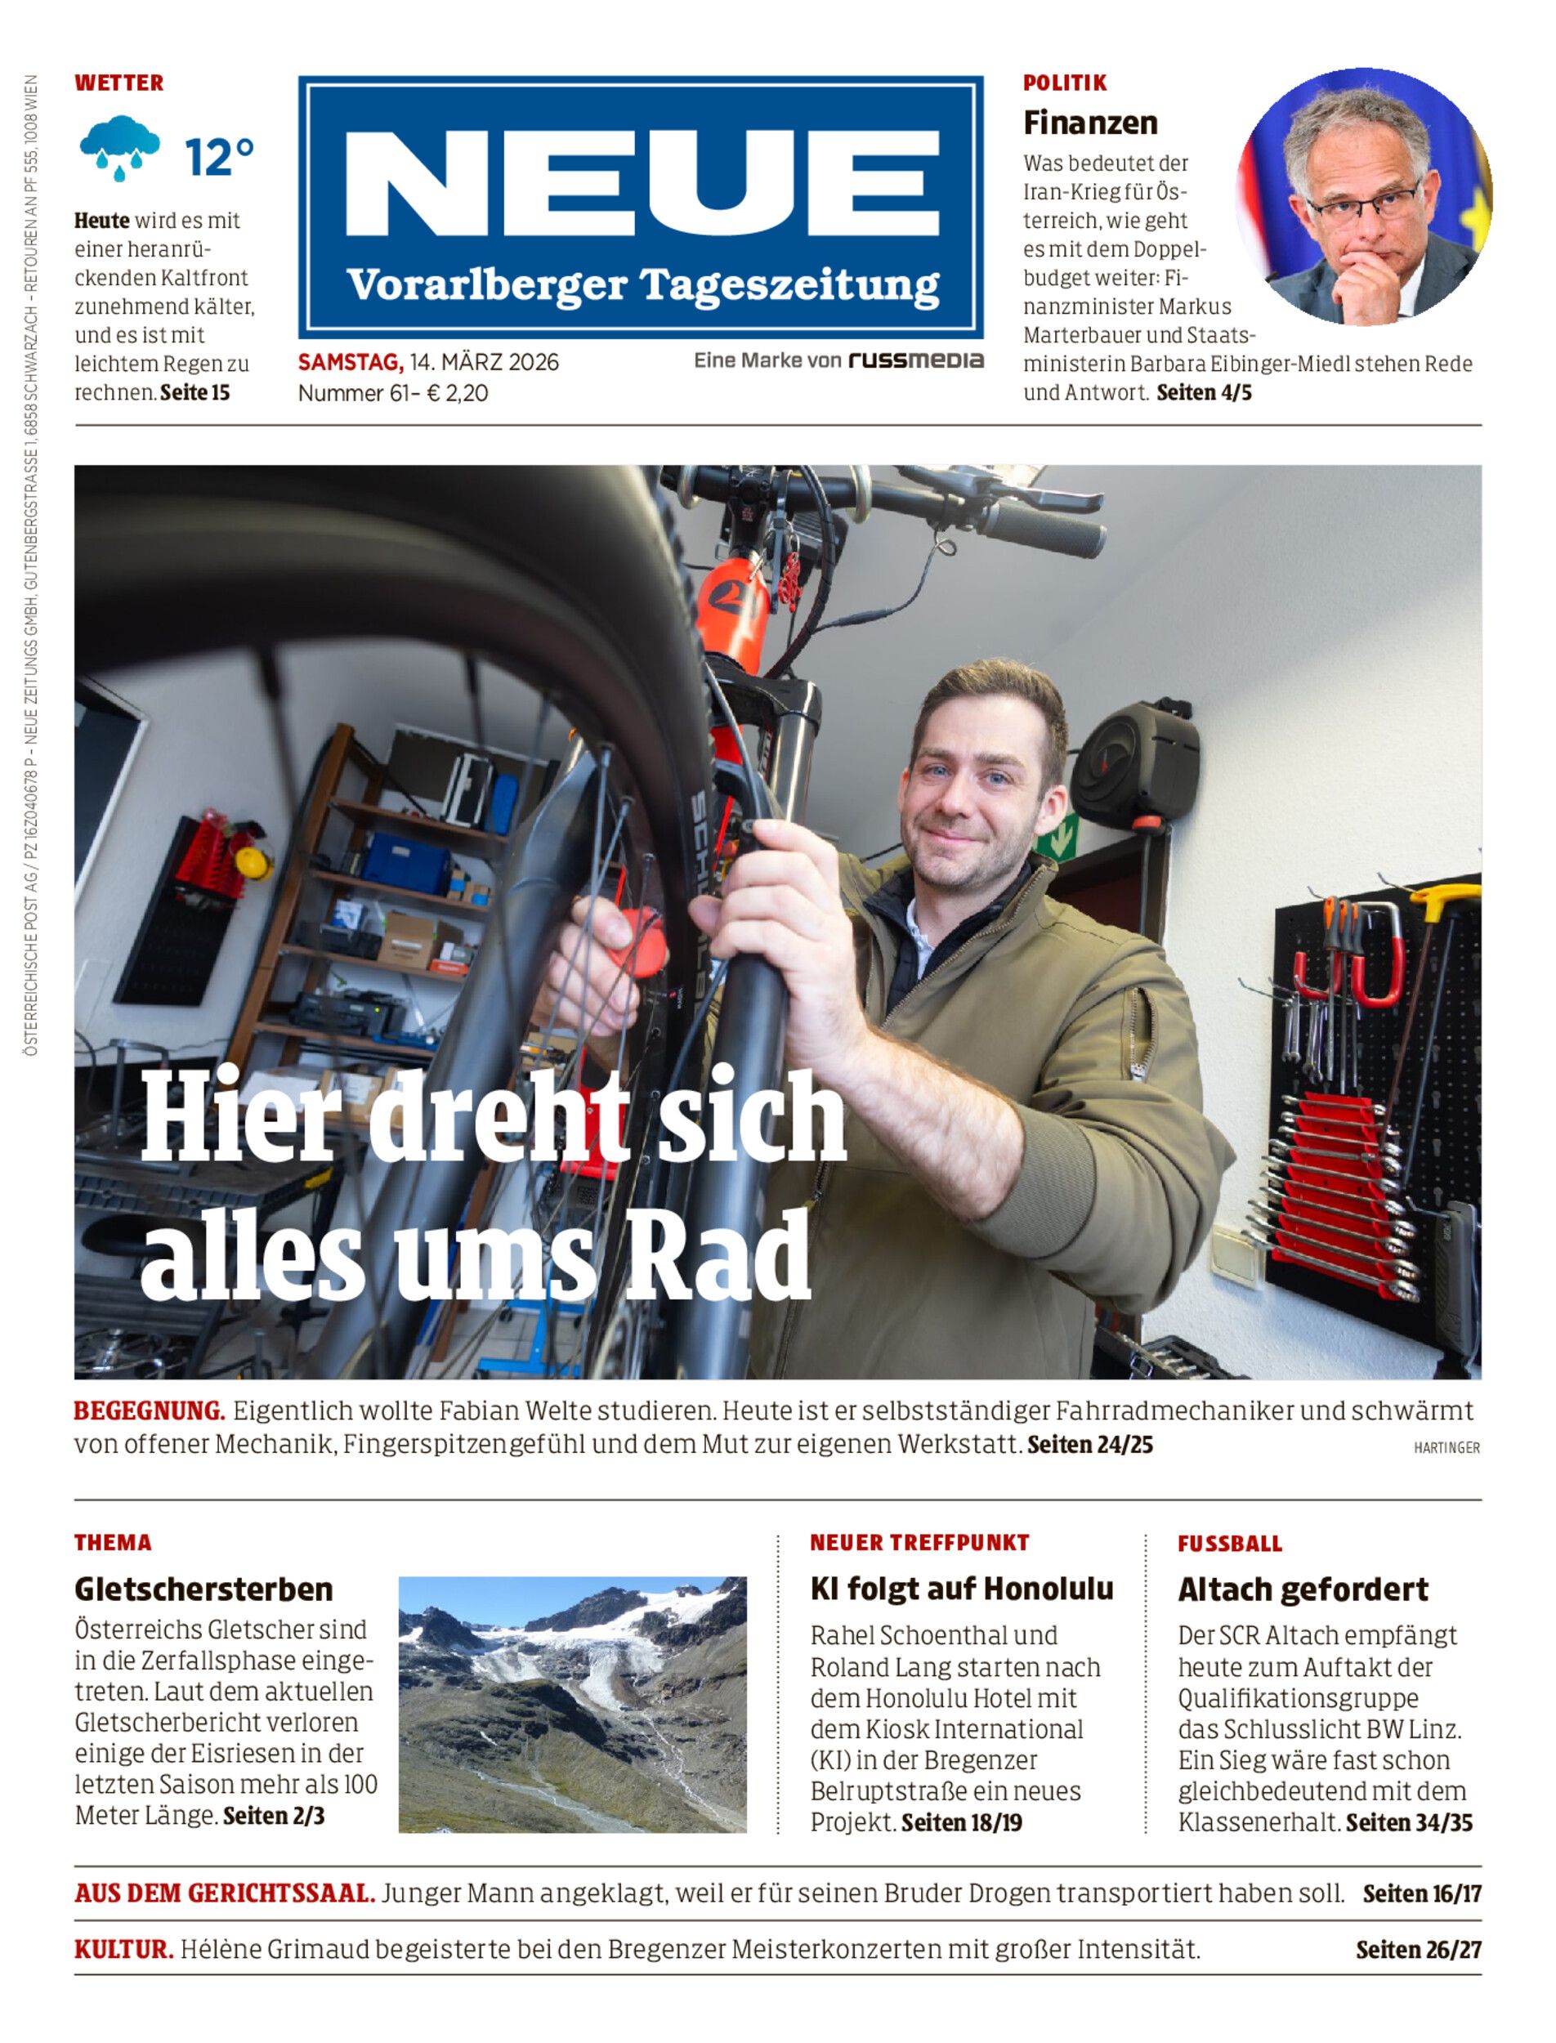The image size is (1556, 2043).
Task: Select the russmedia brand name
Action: [x=915, y=361]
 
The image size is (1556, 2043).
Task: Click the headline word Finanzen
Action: [x=1090, y=123]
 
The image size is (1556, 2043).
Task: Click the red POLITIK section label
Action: [x=1064, y=83]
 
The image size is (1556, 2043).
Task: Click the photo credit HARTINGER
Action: [x=1446, y=1447]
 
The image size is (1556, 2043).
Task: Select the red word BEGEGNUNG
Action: [x=149, y=1410]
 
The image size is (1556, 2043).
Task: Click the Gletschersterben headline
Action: [x=203, y=1589]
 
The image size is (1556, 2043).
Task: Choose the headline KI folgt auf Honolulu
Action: [x=961, y=1589]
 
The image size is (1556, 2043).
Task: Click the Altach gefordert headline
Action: [x=1302, y=1590]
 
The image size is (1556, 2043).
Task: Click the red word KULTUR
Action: [x=123, y=1950]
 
